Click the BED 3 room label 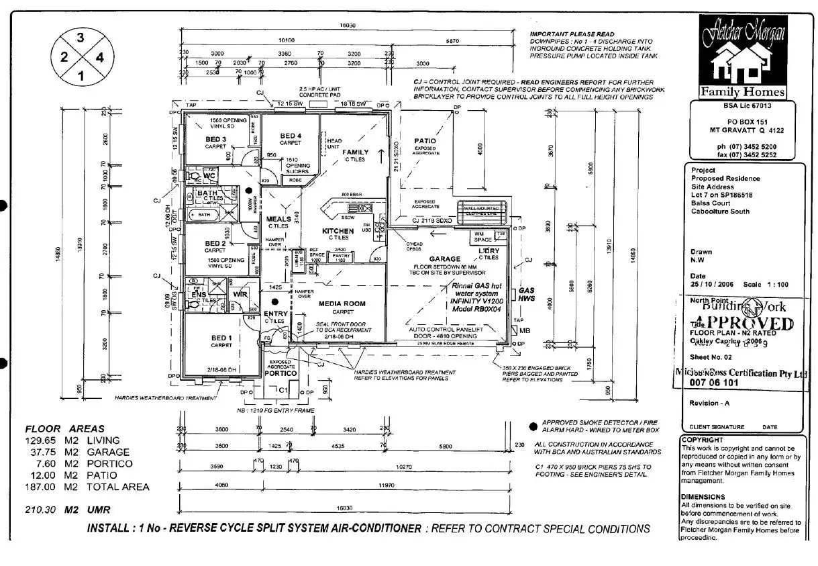pyautogui.click(x=215, y=139)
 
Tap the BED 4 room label pyautogui.click(x=291, y=136)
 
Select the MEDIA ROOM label pyautogui.click(x=342, y=303)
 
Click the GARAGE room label pyautogui.click(x=445, y=258)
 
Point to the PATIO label pyautogui.click(x=425, y=141)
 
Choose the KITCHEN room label pyautogui.click(x=338, y=230)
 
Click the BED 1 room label pyautogui.click(x=221, y=337)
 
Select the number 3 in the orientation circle pyautogui.click(x=81, y=38)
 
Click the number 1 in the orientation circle pyautogui.click(x=81, y=76)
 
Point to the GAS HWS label pyautogui.click(x=527, y=295)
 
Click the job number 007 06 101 pyautogui.click(x=714, y=383)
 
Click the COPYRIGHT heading pyautogui.click(x=702, y=440)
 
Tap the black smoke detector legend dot pyautogui.click(x=533, y=426)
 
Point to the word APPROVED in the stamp pyautogui.click(x=742, y=324)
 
